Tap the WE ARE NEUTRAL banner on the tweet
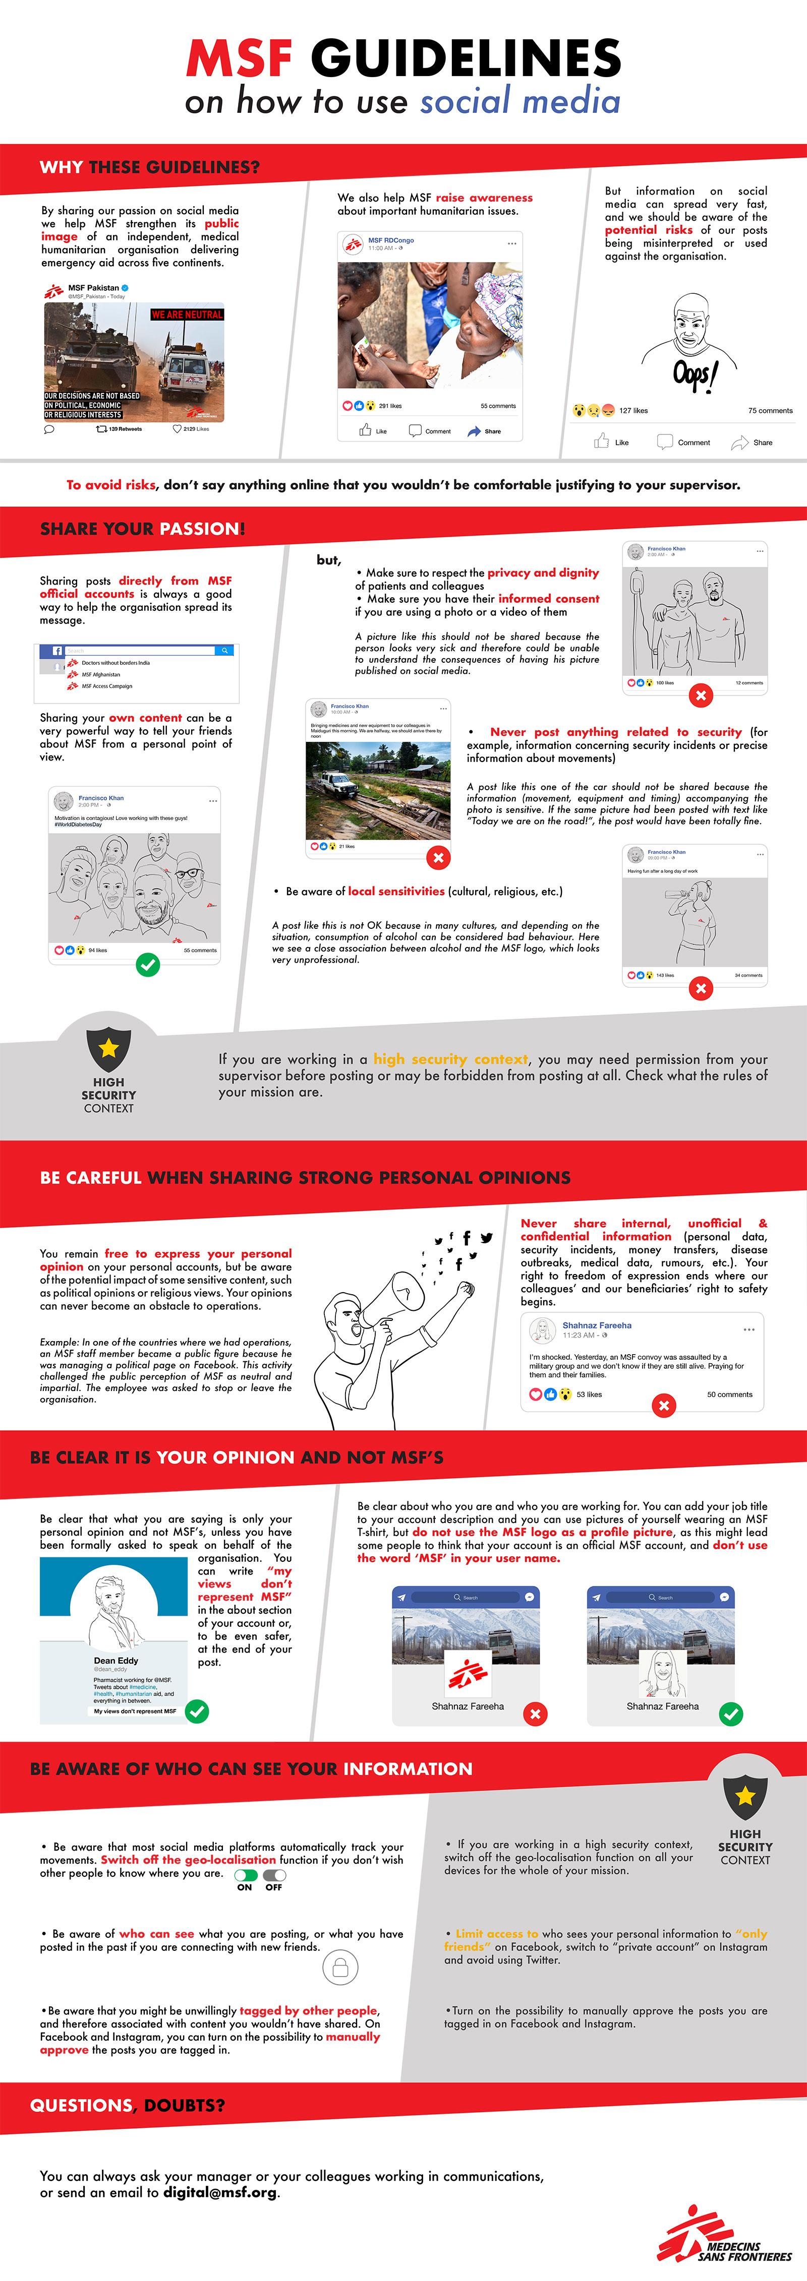point(187,314)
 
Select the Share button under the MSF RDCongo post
point(485,431)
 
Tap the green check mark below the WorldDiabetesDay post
point(148,964)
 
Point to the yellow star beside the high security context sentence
point(109,1048)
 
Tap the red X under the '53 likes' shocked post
point(663,1405)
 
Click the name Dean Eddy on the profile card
point(116,1660)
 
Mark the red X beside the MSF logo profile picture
point(535,1715)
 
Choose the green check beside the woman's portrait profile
point(731,1715)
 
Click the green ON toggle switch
point(245,1875)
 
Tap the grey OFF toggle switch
point(274,1875)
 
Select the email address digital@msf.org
point(220,2192)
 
